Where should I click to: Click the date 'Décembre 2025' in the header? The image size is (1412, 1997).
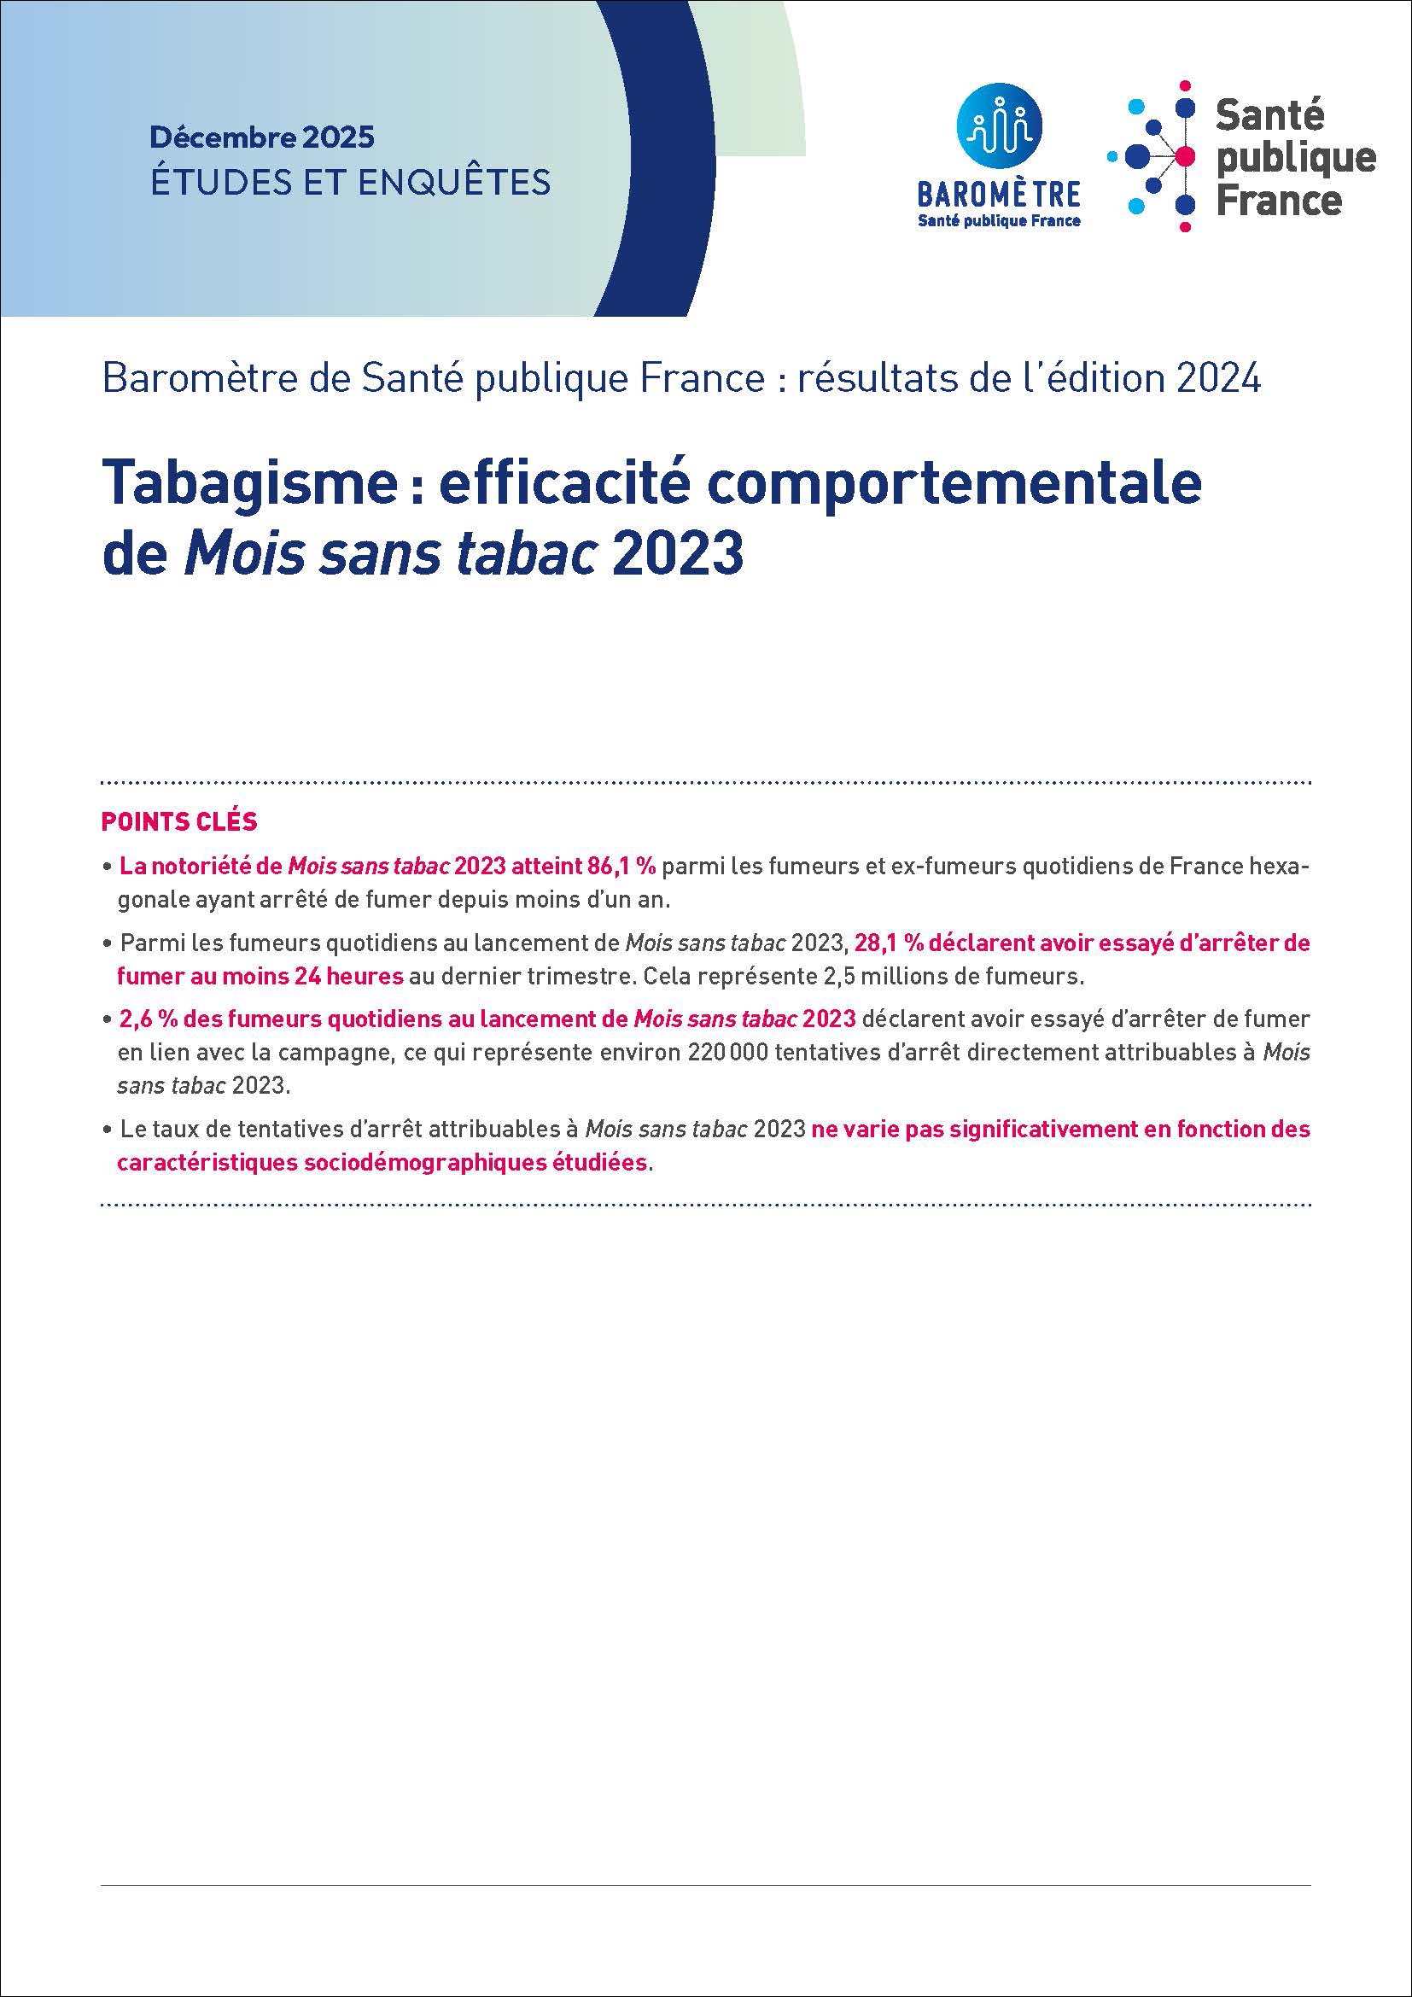(x=262, y=137)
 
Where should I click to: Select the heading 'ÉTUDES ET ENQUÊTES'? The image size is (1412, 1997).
(x=350, y=182)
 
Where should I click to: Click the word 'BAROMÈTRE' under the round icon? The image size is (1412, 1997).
(x=999, y=193)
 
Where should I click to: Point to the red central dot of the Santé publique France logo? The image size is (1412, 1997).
(x=1183, y=156)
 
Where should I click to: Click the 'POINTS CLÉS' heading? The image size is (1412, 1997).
(x=179, y=821)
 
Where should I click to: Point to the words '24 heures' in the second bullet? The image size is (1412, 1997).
(x=347, y=976)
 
